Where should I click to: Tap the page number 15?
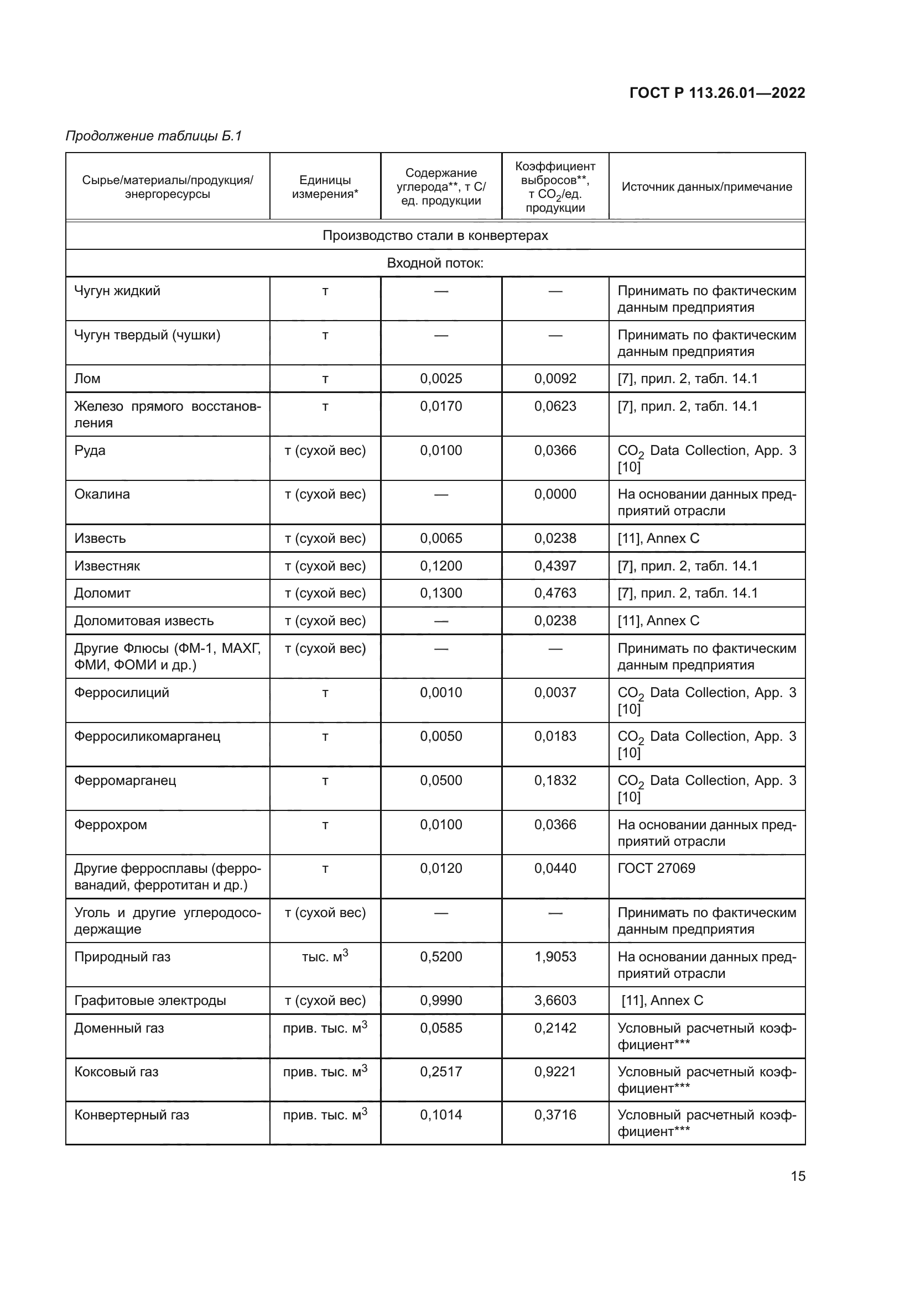coord(798,1176)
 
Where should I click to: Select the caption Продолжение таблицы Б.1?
coord(153,136)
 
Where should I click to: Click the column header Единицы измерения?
coord(325,187)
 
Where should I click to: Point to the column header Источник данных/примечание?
coord(706,187)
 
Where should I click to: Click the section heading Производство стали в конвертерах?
coord(435,235)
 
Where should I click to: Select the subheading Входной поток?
coord(435,263)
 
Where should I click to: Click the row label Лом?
coord(87,379)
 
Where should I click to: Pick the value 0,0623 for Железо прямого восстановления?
coord(555,406)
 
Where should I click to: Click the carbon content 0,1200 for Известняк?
coord(440,566)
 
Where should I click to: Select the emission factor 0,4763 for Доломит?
coord(555,593)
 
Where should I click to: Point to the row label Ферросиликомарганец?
coord(147,736)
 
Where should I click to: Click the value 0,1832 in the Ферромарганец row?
coord(555,781)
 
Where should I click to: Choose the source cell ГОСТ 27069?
coord(657,868)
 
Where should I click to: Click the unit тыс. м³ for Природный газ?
coord(325,956)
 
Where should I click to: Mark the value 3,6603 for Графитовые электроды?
coord(555,1000)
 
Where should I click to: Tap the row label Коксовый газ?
coord(116,1072)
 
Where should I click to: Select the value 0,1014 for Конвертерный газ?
coord(440,1115)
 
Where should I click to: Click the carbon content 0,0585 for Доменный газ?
coord(440,1028)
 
